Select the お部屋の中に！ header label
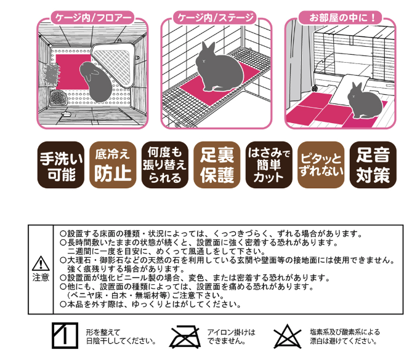click(340, 17)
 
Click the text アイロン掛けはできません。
click(231, 336)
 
